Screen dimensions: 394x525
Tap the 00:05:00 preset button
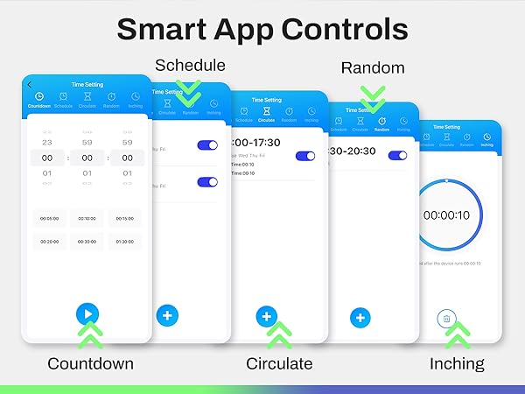(x=46, y=218)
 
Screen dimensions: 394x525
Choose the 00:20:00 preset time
(x=46, y=241)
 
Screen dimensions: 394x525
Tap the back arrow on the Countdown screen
(x=30, y=84)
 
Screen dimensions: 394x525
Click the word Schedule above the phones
(x=190, y=66)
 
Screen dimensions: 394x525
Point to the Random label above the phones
(x=373, y=68)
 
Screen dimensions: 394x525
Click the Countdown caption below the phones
(x=90, y=363)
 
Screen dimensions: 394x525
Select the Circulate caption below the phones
(x=279, y=363)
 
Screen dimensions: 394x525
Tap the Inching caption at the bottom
(x=457, y=363)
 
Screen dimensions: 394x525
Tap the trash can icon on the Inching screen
(x=446, y=319)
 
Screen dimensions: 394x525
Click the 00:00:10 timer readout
(x=446, y=215)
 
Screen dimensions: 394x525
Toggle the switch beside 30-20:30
(x=397, y=155)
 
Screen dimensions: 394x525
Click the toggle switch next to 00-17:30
(x=304, y=156)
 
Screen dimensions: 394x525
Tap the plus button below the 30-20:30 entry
(x=360, y=318)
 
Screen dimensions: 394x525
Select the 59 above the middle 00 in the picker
(x=87, y=142)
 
